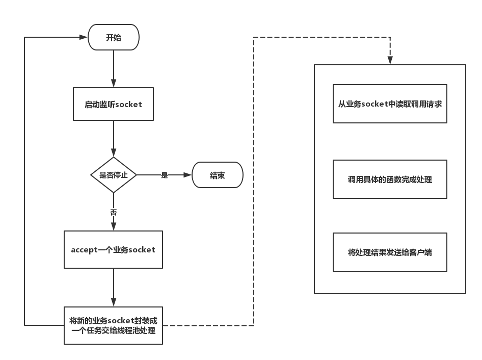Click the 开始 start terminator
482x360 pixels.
coord(114,37)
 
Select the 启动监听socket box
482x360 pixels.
coord(113,104)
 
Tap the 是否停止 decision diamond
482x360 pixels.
coord(114,175)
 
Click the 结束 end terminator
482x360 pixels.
coord(218,175)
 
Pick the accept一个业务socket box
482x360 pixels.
coord(113,249)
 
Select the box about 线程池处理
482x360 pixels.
coord(113,325)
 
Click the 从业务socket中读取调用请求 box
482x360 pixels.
coord(390,104)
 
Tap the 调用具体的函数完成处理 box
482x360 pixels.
coord(390,179)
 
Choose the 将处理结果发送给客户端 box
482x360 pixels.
coord(390,252)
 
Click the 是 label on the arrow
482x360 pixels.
coord(165,175)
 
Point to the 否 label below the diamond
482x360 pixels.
coord(114,212)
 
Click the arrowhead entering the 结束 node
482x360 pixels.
coord(188,175)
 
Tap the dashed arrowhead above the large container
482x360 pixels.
coord(390,60)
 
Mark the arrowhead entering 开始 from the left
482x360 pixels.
coord(84,37)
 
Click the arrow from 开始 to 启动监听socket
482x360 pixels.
coord(114,69)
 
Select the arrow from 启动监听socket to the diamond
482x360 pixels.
coord(114,139)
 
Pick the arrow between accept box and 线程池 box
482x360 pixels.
coord(114,288)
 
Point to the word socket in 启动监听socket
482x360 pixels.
coord(128,105)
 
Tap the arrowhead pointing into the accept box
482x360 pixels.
coord(114,226)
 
